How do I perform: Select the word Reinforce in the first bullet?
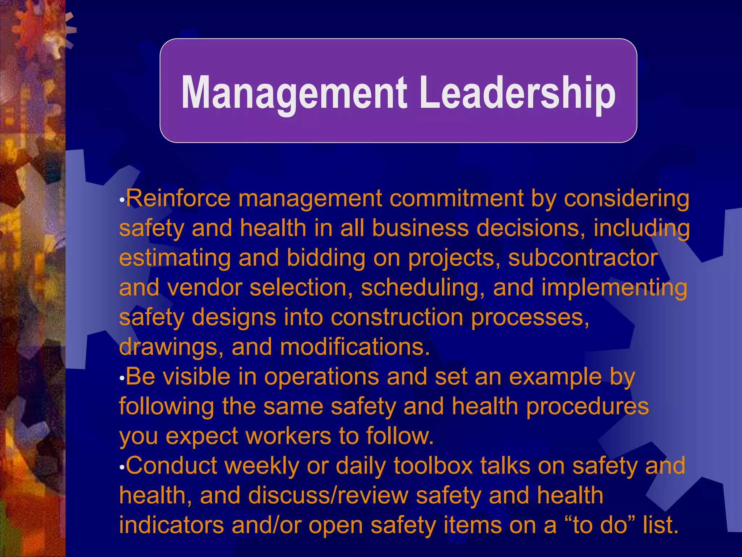tap(178, 199)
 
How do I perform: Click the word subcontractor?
tap(583, 258)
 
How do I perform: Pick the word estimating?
tap(175, 258)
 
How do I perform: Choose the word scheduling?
tap(423, 288)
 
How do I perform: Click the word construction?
tap(397, 317)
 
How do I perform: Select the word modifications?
tap(355, 347)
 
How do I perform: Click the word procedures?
tap(587, 406)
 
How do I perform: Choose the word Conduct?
tap(171, 466)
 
